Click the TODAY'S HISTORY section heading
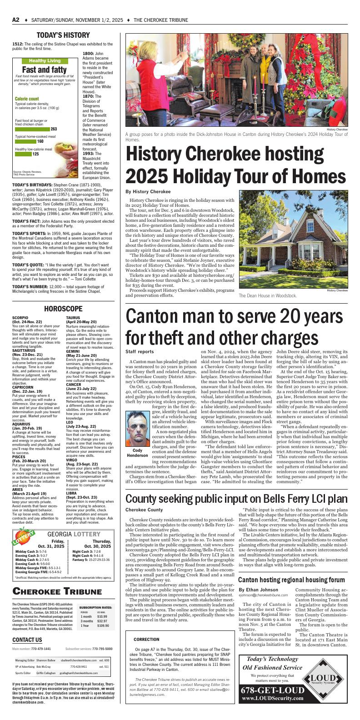(x=63, y=35)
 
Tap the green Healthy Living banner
(x=45, y=60)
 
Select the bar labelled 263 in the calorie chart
(x=32, y=129)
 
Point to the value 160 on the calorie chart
(x=40, y=141)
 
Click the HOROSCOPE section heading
(x=63, y=309)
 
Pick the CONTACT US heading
(x=27, y=640)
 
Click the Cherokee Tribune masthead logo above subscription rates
(x=57, y=591)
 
